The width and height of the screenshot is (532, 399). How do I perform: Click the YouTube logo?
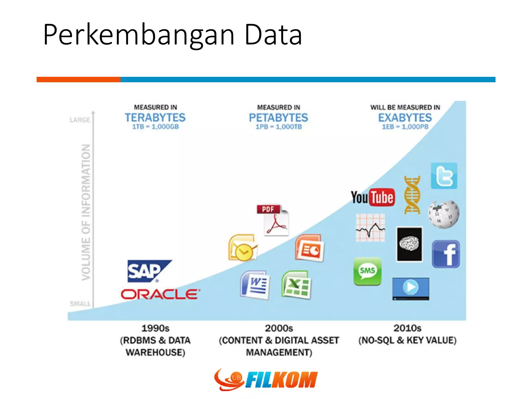373,197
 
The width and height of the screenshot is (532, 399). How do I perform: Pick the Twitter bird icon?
444,176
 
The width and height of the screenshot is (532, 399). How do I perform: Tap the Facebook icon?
446,254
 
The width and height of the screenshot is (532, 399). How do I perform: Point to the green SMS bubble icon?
367,271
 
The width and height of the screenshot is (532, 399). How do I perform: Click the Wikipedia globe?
443,214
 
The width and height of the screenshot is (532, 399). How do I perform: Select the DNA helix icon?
412,195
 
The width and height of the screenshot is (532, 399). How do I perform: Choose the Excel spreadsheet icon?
296,285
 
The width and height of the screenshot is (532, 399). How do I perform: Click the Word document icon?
255,285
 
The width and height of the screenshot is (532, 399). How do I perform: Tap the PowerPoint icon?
309,248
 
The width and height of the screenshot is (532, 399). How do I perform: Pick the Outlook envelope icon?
242,248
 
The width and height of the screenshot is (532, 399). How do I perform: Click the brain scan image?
409,244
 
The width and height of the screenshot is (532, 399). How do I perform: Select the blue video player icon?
410,289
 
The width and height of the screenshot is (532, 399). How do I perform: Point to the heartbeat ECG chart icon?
370,228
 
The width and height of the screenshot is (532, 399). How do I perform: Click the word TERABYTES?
155,118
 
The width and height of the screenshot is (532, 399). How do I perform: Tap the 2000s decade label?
279,328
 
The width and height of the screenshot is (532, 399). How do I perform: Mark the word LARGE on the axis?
80,120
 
